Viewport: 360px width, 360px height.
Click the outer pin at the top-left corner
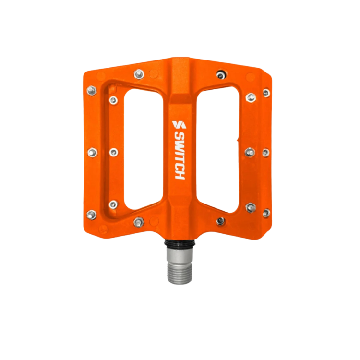[91, 90]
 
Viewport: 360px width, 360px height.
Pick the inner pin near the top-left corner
[113, 100]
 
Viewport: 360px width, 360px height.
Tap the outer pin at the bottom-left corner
[91, 214]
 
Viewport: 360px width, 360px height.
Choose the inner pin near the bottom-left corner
[113, 204]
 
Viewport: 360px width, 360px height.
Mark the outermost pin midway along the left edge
[92, 152]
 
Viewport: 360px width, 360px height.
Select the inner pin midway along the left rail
[113, 152]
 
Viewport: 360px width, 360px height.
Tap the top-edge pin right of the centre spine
[220, 74]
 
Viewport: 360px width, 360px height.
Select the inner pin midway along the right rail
[250, 152]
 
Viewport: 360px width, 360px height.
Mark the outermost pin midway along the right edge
[265, 153]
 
